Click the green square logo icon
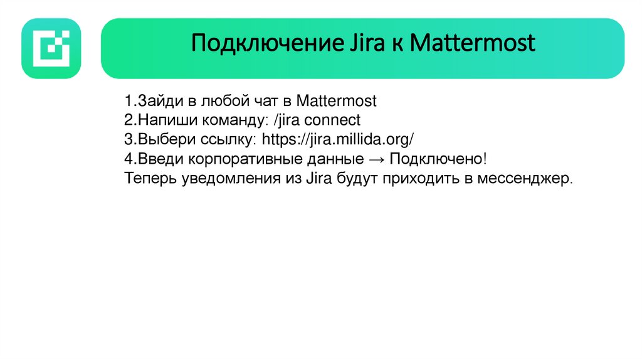tap(51, 48)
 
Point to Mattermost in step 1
tap(336, 101)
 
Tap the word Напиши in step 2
tap(159, 120)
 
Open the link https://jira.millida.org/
tap(338, 139)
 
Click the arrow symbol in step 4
tap(370, 159)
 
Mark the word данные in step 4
tap(327, 159)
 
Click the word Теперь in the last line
tap(150, 178)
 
